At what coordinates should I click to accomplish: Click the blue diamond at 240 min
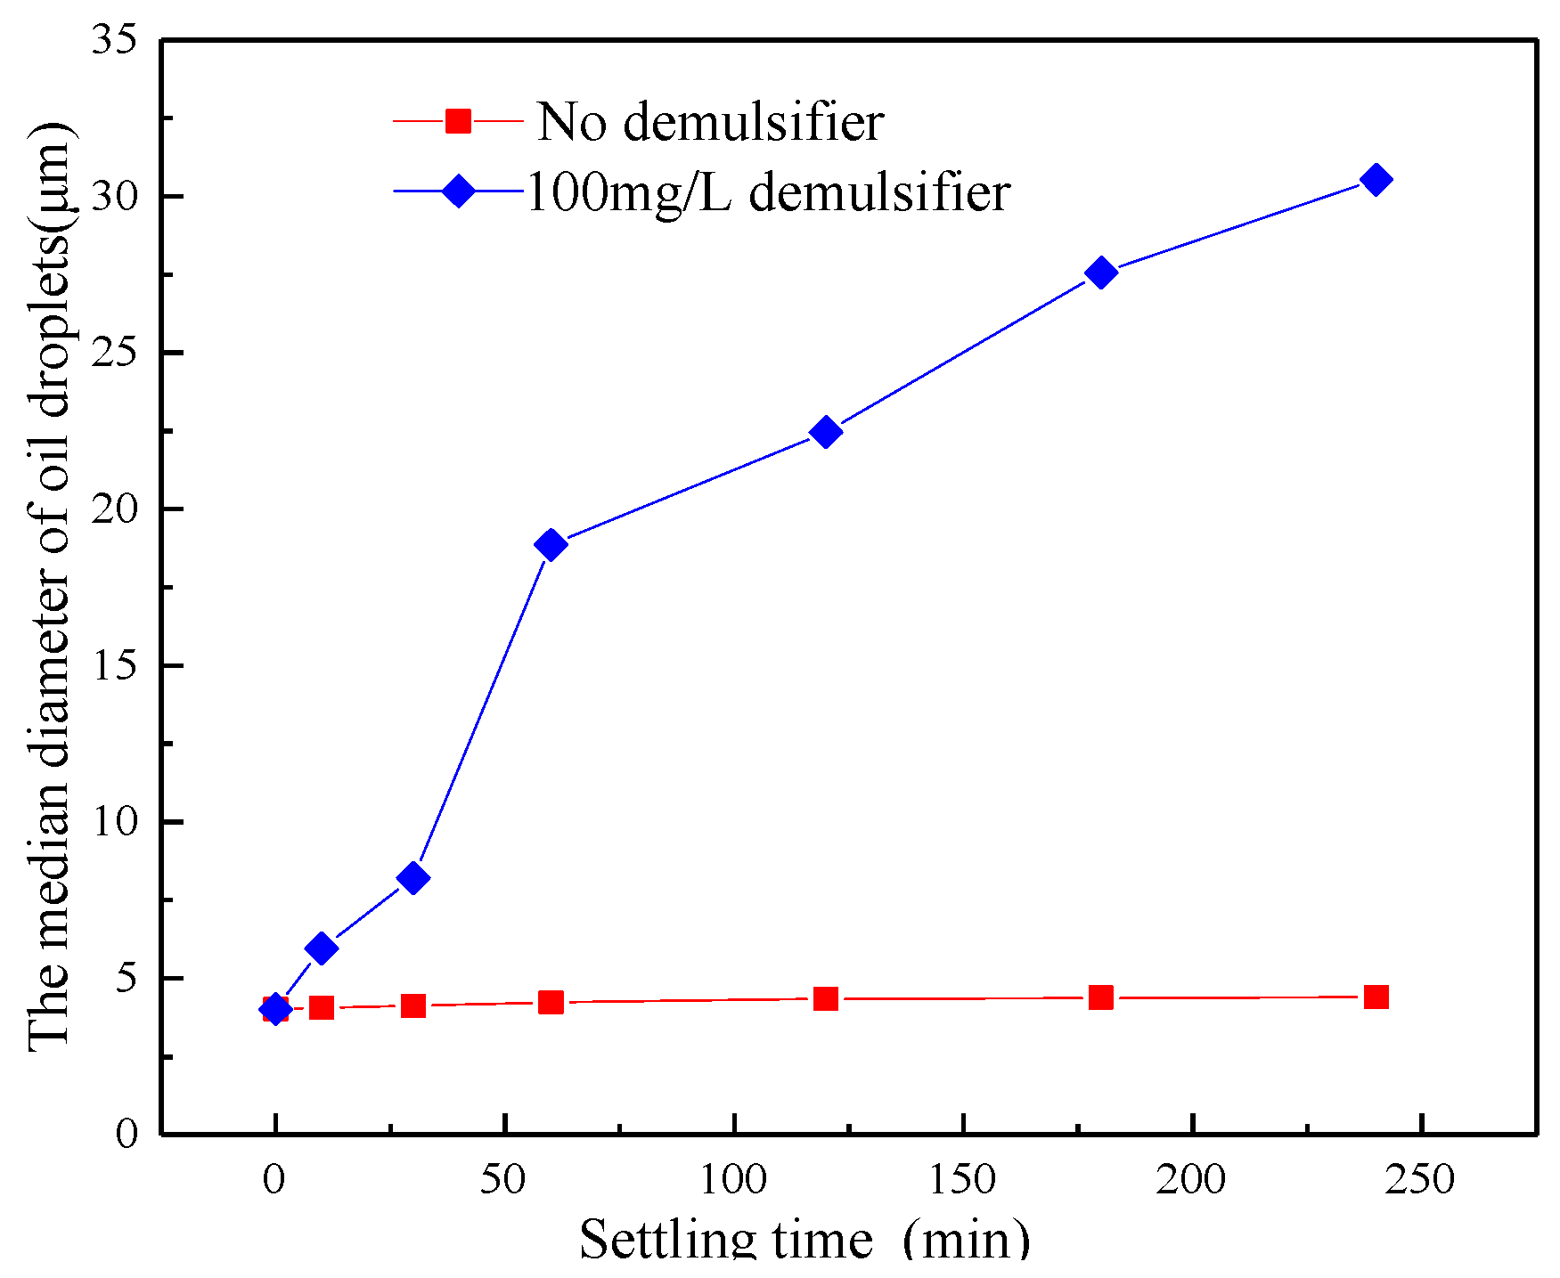[x=1376, y=180]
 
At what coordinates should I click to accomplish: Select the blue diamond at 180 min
[x=1101, y=273]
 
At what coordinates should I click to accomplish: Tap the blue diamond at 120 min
[x=826, y=432]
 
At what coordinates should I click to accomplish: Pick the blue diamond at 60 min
[x=551, y=544]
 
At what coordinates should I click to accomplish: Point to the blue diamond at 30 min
[x=412, y=878]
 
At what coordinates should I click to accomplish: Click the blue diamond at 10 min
[x=321, y=948]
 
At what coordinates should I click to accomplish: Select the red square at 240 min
[x=1376, y=997]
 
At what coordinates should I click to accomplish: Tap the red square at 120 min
[x=826, y=998]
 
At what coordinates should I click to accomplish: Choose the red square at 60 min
[x=551, y=1003]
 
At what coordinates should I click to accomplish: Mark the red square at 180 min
[x=1101, y=997]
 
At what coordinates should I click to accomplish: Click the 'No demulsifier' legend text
[x=710, y=122]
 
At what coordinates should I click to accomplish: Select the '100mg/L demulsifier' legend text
[x=768, y=191]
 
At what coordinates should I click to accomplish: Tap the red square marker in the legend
[x=458, y=120]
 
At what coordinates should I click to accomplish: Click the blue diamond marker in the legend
[x=458, y=191]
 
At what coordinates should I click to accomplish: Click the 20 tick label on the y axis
[x=115, y=509]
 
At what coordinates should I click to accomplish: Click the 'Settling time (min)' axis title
[x=805, y=1241]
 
